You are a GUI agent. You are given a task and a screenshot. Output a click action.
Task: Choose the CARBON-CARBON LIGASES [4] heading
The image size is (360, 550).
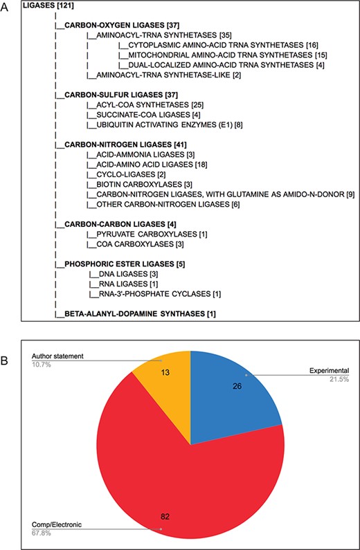(111, 224)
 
